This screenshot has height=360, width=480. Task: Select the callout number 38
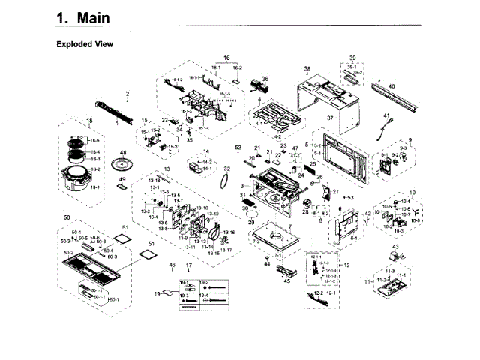[x=306, y=68]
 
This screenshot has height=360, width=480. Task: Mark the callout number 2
[x=127, y=94]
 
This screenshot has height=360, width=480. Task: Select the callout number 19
[x=157, y=295]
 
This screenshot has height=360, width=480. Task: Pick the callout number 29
[x=251, y=222]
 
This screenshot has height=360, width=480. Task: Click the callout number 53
[x=350, y=176]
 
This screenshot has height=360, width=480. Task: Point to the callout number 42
[x=367, y=214]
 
